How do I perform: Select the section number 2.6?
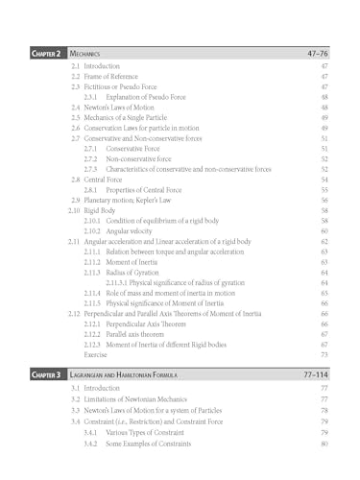point(75,130)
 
